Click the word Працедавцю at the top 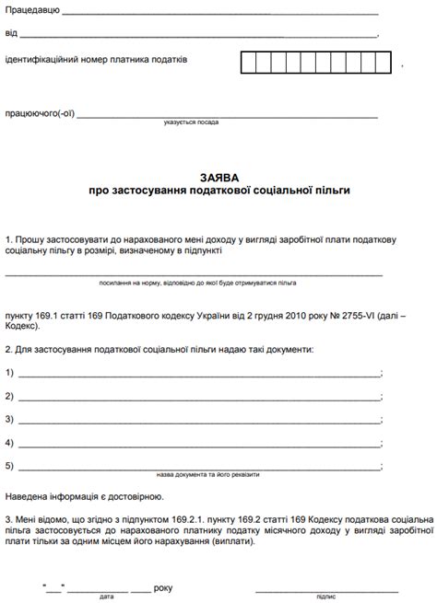pos(32,11)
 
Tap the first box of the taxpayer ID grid pos(249,62)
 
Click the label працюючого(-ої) pos(40,114)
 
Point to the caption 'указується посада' pos(192,122)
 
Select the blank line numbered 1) pos(198,374)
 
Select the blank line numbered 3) pos(198,421)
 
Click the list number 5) pos(9,467)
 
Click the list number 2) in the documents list pos(9,397)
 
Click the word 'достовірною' pos(111,496)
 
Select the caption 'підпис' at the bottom pos(325,597)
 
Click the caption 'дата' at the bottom pos(107,597)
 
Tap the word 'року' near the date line pos(163,586)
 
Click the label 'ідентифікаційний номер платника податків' pos(96,60)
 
